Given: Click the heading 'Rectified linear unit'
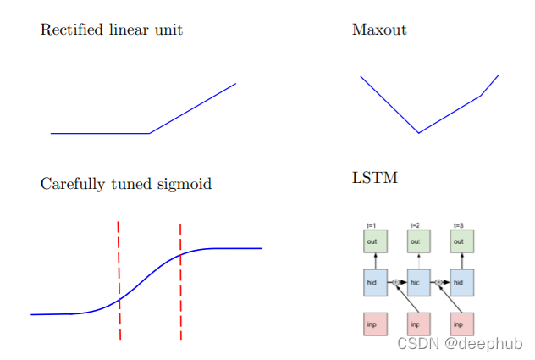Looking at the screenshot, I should click(x=111, y=30).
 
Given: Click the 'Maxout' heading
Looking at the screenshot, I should click(x=378, y=30).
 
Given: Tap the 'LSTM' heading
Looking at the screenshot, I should click(x=374, y=178).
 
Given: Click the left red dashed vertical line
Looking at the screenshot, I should click(x=119, y=280).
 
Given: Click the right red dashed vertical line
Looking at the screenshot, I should click(x=180, y=280).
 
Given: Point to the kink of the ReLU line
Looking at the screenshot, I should click(x=150, y=133).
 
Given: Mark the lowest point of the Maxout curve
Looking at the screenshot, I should click(x=419, y=133).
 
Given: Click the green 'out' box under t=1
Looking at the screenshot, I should click(x=375, y=241).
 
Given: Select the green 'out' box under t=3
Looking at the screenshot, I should click(x=461, y=241).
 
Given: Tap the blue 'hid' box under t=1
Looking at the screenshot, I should click(x=375, y=282).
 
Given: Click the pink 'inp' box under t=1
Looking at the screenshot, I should click(x=375, y=324).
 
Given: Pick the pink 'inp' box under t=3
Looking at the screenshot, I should click(x=461, y=324).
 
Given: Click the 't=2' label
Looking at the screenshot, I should click(x=415, y=225).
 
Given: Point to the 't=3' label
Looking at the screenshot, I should click(x=458, y=225).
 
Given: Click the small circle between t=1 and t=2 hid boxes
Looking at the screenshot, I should click(x=396, y=282).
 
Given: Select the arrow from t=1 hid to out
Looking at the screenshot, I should click(x=375, y=261).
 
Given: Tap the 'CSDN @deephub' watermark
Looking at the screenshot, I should click(x=459, y=343).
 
